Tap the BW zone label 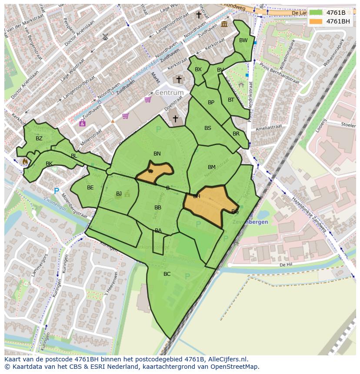pos(243,40)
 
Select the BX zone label pos(198,70)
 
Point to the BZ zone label pos(39,139)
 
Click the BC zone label pos(167,274)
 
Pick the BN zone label pos(157,154)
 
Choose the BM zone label pos(212,167)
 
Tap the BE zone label pos(90,188)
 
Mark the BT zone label pos(231,100)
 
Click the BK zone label pos(49,164)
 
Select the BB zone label pos(158,208)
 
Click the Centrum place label pos(169,93)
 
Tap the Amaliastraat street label pos(269,127)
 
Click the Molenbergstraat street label pos(73,206)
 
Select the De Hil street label pos(285,264)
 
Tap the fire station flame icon pos(25,162)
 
